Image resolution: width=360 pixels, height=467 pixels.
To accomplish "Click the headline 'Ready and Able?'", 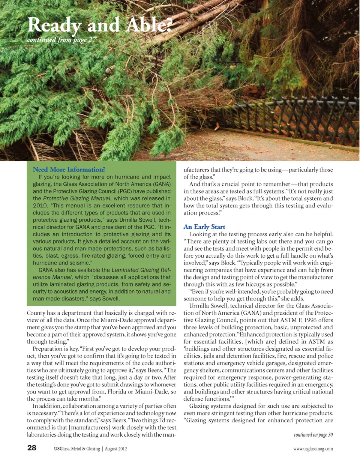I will click(x=100, y=25).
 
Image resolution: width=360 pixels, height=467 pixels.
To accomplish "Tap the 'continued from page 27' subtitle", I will click(x=62, y=40).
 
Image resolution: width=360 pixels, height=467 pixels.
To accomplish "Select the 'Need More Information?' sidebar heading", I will click(x=69, y=170).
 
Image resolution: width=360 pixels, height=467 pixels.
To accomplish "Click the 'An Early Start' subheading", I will click(x=204, y=227).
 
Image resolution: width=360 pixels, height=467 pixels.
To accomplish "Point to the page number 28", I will click(x=32, y=448).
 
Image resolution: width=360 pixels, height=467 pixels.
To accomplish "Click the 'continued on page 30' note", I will click(x=313, y=435).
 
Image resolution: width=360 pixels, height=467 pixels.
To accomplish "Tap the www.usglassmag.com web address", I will click(x=313, y=449).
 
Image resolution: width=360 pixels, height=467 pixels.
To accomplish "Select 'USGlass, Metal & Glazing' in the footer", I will click(x=77, y=449).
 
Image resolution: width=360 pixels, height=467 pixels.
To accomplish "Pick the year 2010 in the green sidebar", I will click(x=40, y=206).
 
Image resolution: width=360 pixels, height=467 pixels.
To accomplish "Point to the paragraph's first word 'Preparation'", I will click(x=47, y=349).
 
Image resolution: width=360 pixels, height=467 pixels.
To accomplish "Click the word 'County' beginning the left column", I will click(x=36, y=313).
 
